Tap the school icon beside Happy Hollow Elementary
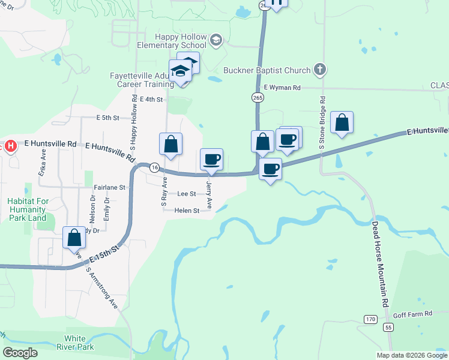(216, 41)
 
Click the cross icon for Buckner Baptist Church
(320, 70)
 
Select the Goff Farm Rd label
(412, 314)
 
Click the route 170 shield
(370, 319)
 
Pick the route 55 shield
(389, 327)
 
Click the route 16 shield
(155, 167)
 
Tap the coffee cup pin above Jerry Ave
(211, 160)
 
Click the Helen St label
(187, 211)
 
